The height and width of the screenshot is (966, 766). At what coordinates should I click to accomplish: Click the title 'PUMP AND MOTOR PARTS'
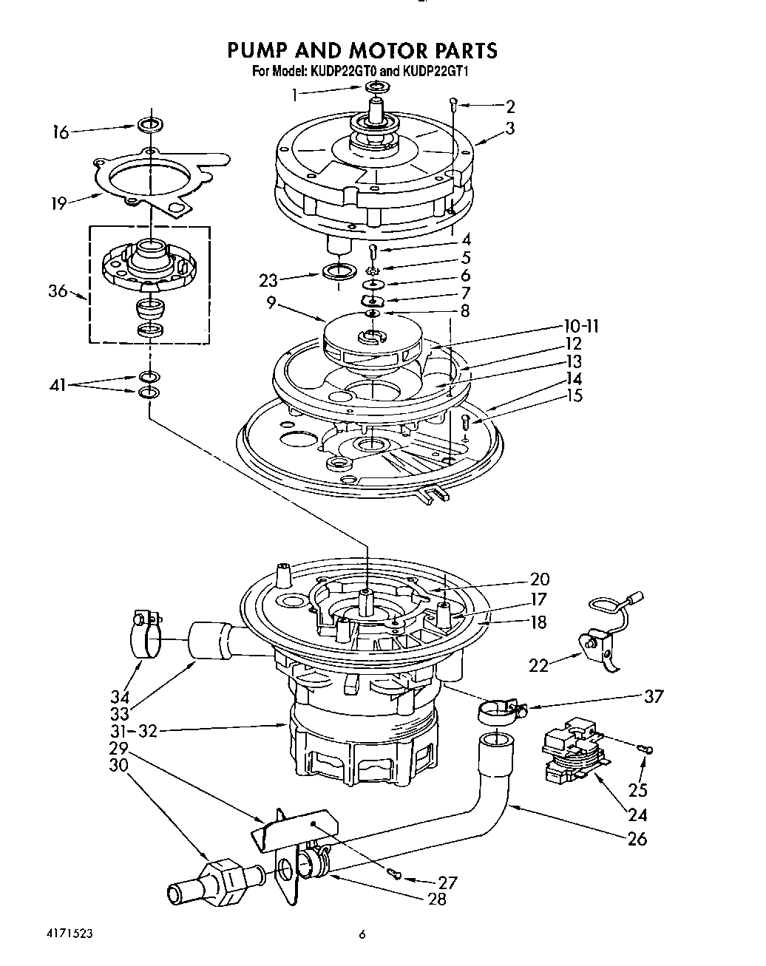tap(362, 50)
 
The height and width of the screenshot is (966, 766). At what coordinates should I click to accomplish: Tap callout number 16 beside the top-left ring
tap(60, 133)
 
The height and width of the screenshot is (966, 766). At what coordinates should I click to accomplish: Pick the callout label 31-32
tap(133, 732)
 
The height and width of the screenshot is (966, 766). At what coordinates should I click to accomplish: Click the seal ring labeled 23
tap(337, 271)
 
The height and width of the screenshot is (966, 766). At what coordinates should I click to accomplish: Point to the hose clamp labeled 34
tap(145, 633)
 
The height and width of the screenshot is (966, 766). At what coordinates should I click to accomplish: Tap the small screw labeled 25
tap(648, 750)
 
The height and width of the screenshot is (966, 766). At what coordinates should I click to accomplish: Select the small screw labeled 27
tap(397, 877)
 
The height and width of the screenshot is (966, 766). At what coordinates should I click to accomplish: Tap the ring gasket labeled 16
tap(150, 123)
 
